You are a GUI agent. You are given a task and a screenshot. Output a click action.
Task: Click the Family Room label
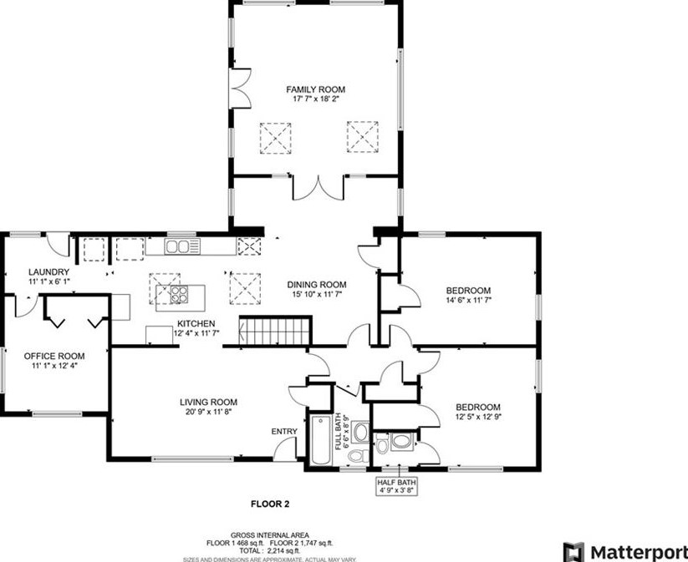click(x=315, y=89)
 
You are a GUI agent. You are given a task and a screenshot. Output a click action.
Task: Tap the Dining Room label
click(x=315, y=283)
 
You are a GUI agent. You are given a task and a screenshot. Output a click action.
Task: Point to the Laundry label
click(x=48, y=272)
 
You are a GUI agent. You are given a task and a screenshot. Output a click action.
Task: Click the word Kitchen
click(x=196, y=324)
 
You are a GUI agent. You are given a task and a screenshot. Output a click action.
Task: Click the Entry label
click(x=284, y=431)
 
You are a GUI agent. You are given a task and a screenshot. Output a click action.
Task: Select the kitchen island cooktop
click(x=179, y=293)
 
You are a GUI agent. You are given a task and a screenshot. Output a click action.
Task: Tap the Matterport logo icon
click(x=573, y=551)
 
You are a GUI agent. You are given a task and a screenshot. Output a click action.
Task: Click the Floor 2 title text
click(x=270, y=504)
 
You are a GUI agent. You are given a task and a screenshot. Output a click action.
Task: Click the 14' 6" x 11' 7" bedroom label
click(x=468, y=296)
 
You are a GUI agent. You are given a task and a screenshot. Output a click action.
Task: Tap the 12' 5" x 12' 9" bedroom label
click(x=477, y=412)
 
